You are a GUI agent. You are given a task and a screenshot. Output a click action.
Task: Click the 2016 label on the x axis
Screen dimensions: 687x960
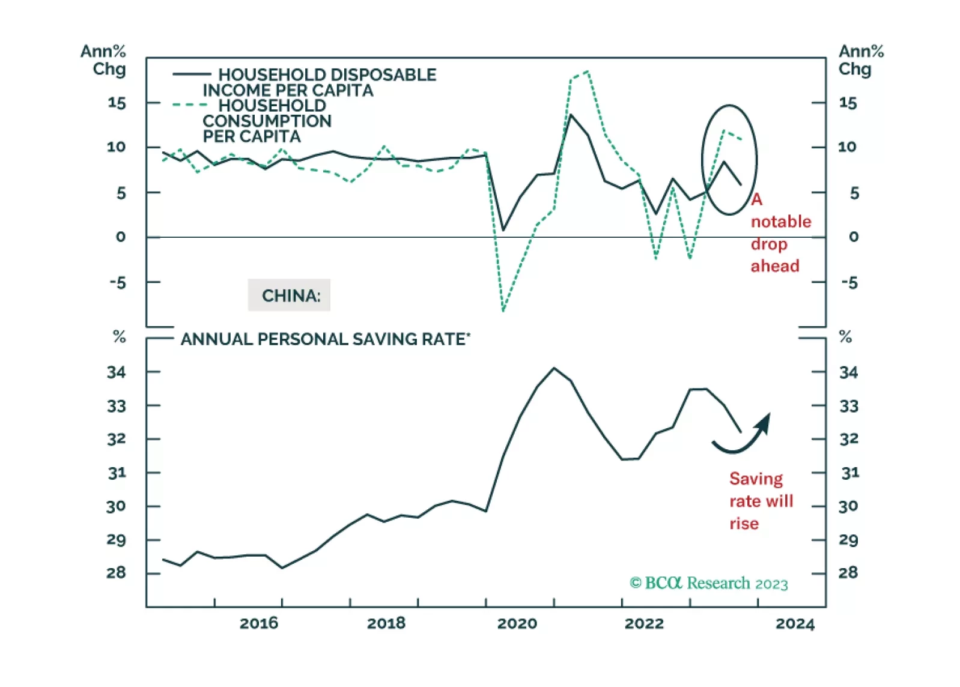coord(259,623)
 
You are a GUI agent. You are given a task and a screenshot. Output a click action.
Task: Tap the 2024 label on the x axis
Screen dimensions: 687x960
coord(795,624)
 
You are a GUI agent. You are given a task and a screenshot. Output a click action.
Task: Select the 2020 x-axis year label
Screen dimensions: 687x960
coord(517,623)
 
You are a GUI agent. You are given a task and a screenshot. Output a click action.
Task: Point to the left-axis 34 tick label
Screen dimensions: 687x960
coord(117,372)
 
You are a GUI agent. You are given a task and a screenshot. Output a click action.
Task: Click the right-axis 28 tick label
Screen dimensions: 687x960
coord(848,573)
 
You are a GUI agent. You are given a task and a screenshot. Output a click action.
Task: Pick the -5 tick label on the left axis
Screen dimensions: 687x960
coord(118,282)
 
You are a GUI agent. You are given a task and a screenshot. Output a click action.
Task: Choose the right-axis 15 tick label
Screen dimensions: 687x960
coord(848,103)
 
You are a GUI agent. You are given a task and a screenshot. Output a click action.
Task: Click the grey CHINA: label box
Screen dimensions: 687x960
coord(290,295)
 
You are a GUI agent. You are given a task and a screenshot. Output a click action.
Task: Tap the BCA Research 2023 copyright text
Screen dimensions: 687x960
coord(709,583)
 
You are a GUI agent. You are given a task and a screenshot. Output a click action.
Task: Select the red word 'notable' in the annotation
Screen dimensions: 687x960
coord(781,222)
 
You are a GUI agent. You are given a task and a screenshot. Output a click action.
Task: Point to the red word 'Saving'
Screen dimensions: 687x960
coord(756,479)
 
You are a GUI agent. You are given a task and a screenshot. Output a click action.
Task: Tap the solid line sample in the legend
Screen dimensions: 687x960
coord(192,74)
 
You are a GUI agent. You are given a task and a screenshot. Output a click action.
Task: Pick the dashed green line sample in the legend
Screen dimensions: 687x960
coord(189,105)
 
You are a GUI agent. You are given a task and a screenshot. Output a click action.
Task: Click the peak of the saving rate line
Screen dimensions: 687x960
coord(554,368)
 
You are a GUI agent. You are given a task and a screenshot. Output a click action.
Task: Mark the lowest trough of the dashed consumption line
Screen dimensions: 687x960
coord(503,310)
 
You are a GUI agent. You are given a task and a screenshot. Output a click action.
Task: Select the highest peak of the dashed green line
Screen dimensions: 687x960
coord(587,71)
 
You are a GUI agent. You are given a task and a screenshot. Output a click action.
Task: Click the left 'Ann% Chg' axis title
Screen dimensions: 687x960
coord(104,60)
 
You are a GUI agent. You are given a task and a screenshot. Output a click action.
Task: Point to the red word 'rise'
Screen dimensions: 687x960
coord(744,524)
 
